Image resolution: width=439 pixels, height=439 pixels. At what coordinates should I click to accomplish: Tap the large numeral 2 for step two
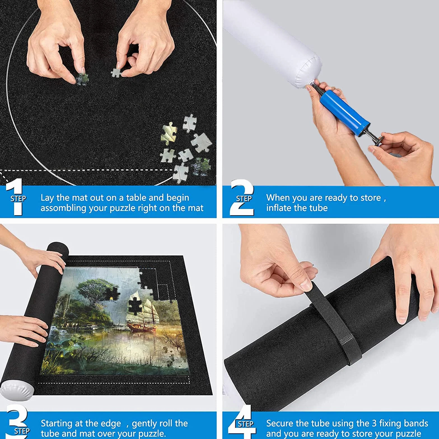pos(242,197)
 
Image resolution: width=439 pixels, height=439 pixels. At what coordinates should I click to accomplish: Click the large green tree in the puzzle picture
pos(92,291)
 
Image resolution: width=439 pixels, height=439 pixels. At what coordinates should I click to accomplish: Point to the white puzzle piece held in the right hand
pos(116,73)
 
